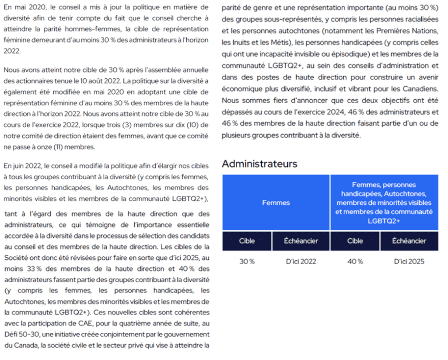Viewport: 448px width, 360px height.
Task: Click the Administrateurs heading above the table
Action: tap(259, 164)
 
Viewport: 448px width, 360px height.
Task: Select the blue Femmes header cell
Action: tap(276, 203)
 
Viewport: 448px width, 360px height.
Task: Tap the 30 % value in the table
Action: tap(247, 262)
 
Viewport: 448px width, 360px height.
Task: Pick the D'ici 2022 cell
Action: tap(301, 262)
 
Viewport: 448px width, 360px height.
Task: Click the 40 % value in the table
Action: tap(355, 262)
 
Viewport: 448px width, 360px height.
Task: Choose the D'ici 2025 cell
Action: tap(409, 262)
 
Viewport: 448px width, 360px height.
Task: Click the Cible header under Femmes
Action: tap(247, 241)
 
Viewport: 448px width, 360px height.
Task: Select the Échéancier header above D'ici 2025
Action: tap(409, 241)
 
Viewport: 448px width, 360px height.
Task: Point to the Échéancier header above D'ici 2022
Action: tap(301, 241)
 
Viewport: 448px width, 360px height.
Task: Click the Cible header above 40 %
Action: tap(355, 241)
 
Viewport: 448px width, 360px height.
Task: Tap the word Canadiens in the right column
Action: tap(422, 89)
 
